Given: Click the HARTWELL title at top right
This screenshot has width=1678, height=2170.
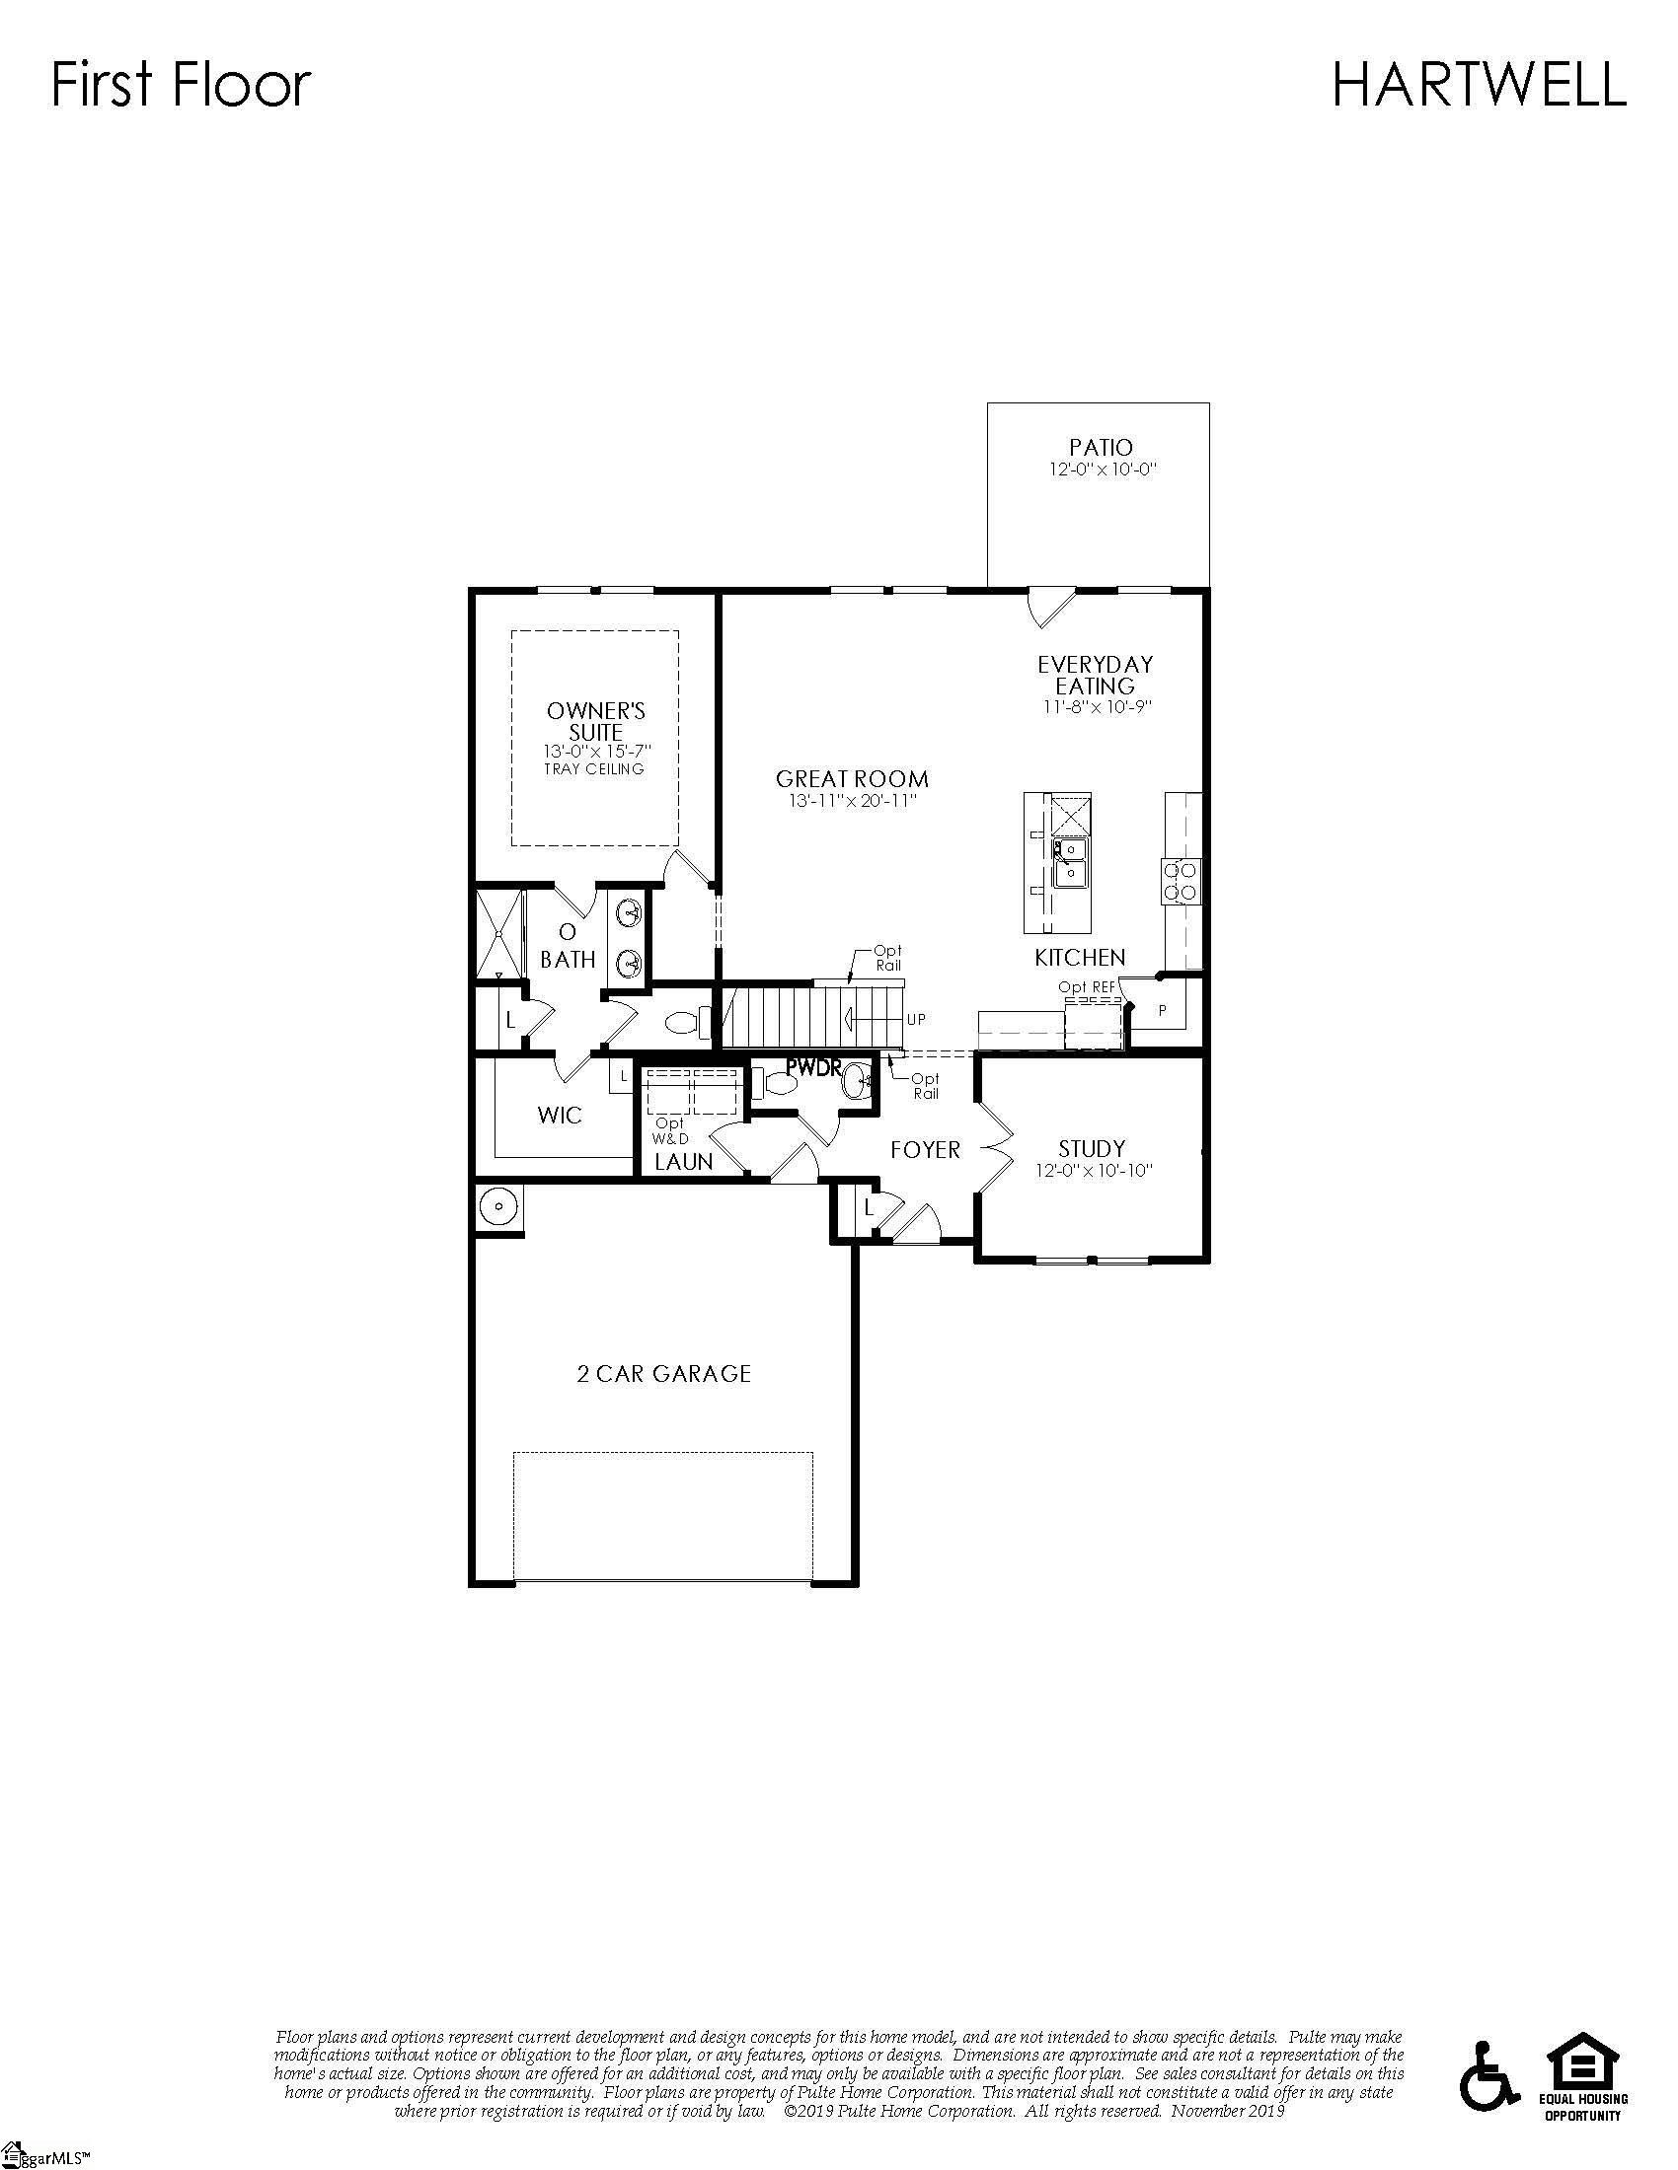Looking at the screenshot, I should [1479, 85].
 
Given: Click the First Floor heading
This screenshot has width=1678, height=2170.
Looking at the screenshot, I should [181, 85].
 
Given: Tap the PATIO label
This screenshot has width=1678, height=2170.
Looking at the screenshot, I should [1101, 448].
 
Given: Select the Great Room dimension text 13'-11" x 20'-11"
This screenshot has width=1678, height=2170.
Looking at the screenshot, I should [852, 801].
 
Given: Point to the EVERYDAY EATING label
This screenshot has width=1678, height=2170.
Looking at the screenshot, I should [1096, 675].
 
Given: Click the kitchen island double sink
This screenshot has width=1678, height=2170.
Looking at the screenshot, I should [1071, 861].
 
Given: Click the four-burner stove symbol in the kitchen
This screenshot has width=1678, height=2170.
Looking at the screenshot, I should [1180, 880].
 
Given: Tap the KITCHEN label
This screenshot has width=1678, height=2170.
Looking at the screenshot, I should [1080, 958].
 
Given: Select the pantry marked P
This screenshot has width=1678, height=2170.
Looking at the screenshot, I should [1162, 1011].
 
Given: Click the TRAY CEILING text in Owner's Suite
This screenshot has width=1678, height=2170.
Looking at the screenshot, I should [593, 769].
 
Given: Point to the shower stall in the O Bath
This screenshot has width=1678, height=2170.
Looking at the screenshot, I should [499, 934].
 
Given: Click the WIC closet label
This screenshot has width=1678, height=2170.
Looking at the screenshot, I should [560, 1116].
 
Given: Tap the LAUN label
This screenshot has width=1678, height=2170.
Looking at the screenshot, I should [683, 1162].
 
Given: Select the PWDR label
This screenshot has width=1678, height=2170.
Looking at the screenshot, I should [813, 1068].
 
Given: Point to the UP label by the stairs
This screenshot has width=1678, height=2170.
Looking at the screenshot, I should [915, 1020].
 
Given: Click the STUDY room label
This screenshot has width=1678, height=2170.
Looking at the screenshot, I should [1092, 1148].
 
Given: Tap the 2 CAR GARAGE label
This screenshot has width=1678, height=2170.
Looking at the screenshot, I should [664, 1374].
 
